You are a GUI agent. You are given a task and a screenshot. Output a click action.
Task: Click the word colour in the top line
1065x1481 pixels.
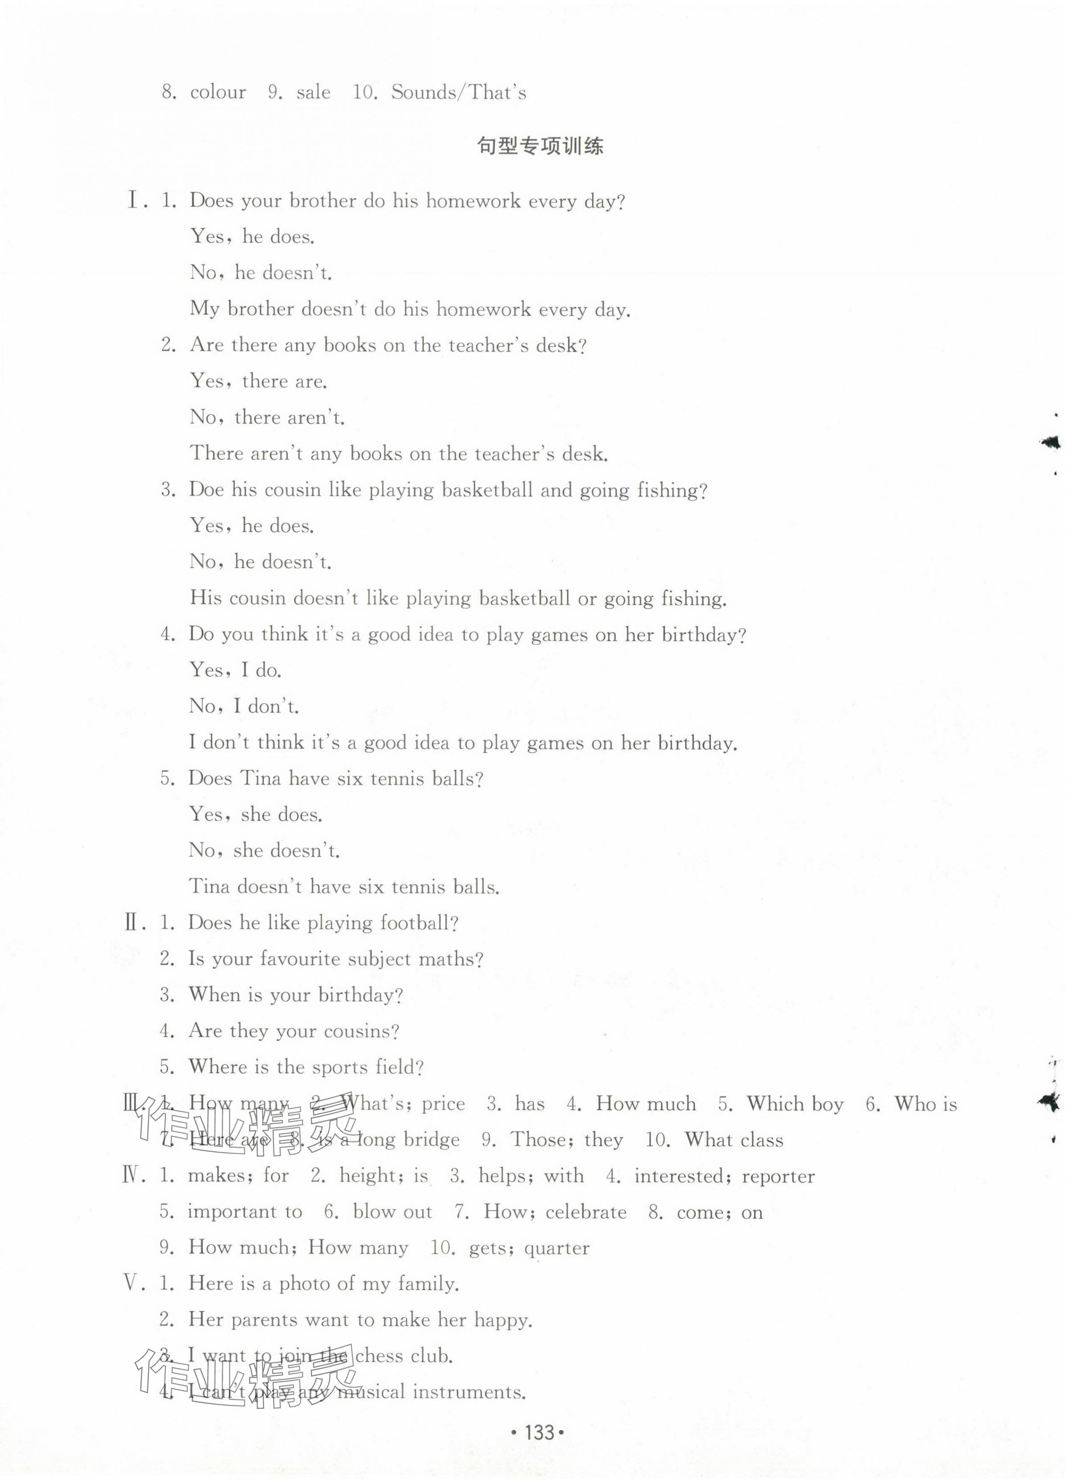coord(218,92)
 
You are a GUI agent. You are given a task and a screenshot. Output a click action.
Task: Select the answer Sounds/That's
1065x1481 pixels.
coord(458,92)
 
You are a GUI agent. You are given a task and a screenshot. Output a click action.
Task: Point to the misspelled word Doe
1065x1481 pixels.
coord(206,490)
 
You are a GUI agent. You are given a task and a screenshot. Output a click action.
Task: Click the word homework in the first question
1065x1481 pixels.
coord(473,201)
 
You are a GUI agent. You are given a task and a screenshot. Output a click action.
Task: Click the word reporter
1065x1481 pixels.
coord(778,1177)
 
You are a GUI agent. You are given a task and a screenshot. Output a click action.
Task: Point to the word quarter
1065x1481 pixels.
coord(556,1248)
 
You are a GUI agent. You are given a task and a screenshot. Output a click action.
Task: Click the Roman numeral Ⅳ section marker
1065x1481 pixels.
coord(131,1176)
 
